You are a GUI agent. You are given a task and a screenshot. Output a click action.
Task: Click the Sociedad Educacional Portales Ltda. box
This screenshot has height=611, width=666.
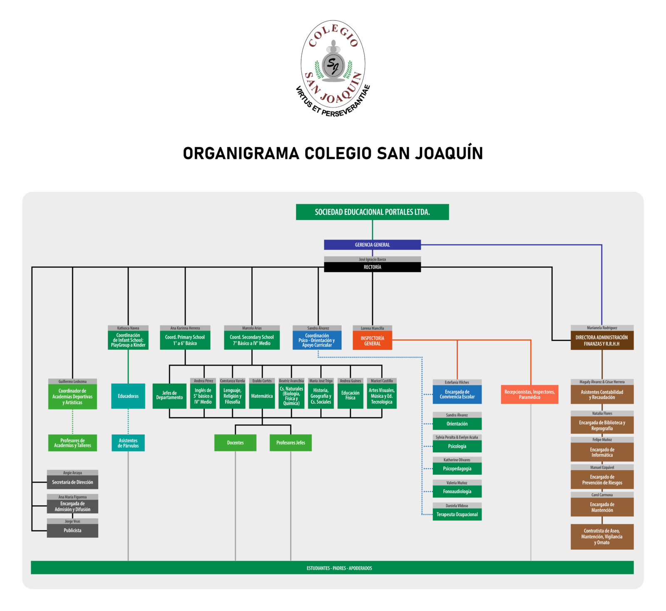pyautogui.click(x=372, y=212)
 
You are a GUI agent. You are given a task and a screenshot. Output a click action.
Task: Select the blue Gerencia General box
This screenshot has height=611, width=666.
pyautogui.click(x=372, y=245)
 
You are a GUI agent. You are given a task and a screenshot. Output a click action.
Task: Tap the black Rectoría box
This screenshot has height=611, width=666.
pyautogui.click(x=372, y=267)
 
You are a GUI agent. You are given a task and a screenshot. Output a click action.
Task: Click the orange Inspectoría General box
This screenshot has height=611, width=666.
pyautogui.click(x=372, y=341)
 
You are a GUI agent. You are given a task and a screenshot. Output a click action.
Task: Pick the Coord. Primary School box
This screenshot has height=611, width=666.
pyautogui.click(x=185, y=340)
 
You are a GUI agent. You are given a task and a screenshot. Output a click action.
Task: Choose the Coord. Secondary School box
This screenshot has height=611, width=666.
pyautogui.click(x=251, y=340)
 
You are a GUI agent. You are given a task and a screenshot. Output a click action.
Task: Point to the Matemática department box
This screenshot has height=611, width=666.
pyautogui.click(x=262, y=396)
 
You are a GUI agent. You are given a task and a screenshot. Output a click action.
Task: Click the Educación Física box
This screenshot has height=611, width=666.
pyautogui.click(x=350, y=396)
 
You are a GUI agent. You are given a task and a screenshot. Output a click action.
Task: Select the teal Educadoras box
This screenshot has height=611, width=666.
pyautogui.click(x=128, y=396)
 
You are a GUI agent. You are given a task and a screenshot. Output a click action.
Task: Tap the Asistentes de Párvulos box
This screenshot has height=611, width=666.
pyautogui.click(x=128, y=443)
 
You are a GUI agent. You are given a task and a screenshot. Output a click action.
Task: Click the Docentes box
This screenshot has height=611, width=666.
pyautogui.click(x=235, y=443)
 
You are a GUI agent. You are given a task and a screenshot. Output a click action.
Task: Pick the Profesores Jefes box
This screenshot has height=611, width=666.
pyautogui.click(x=291, y=443)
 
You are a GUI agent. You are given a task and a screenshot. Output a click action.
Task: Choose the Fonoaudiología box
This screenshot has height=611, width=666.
pyautogui.click(x=457, y=491)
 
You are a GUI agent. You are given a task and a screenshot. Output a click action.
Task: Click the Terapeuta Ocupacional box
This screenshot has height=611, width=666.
pyautogui.click(x=457, y=514)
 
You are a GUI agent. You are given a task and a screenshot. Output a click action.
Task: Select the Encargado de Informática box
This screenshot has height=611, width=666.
pyautogui.click(x=602, y=452)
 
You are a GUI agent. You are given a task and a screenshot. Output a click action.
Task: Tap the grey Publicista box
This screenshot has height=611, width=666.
pyautogui.click(x=72, y=531)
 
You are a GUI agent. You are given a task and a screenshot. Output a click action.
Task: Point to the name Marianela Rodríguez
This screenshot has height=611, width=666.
pyautogui.click(x=602, y=328)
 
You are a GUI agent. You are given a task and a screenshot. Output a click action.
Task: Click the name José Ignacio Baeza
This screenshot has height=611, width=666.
pyautogui.click(x=372, y=259)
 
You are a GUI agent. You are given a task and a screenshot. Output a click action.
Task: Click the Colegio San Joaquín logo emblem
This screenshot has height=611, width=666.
pyautogui.click(x=333, y=67)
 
